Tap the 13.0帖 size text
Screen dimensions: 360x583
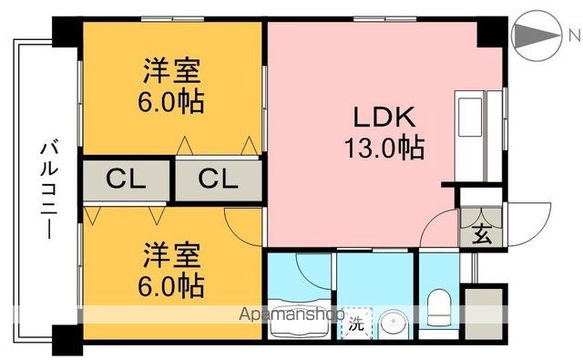coord(384,147)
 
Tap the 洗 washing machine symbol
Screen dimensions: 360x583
coord(357,324)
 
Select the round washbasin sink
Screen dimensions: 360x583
coord(394,324)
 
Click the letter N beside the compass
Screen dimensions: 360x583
coord(573,36)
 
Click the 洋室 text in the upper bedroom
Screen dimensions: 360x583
coord(171,70)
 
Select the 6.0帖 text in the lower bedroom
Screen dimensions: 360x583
coord(171,284)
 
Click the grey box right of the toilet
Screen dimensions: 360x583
coord(483,312)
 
